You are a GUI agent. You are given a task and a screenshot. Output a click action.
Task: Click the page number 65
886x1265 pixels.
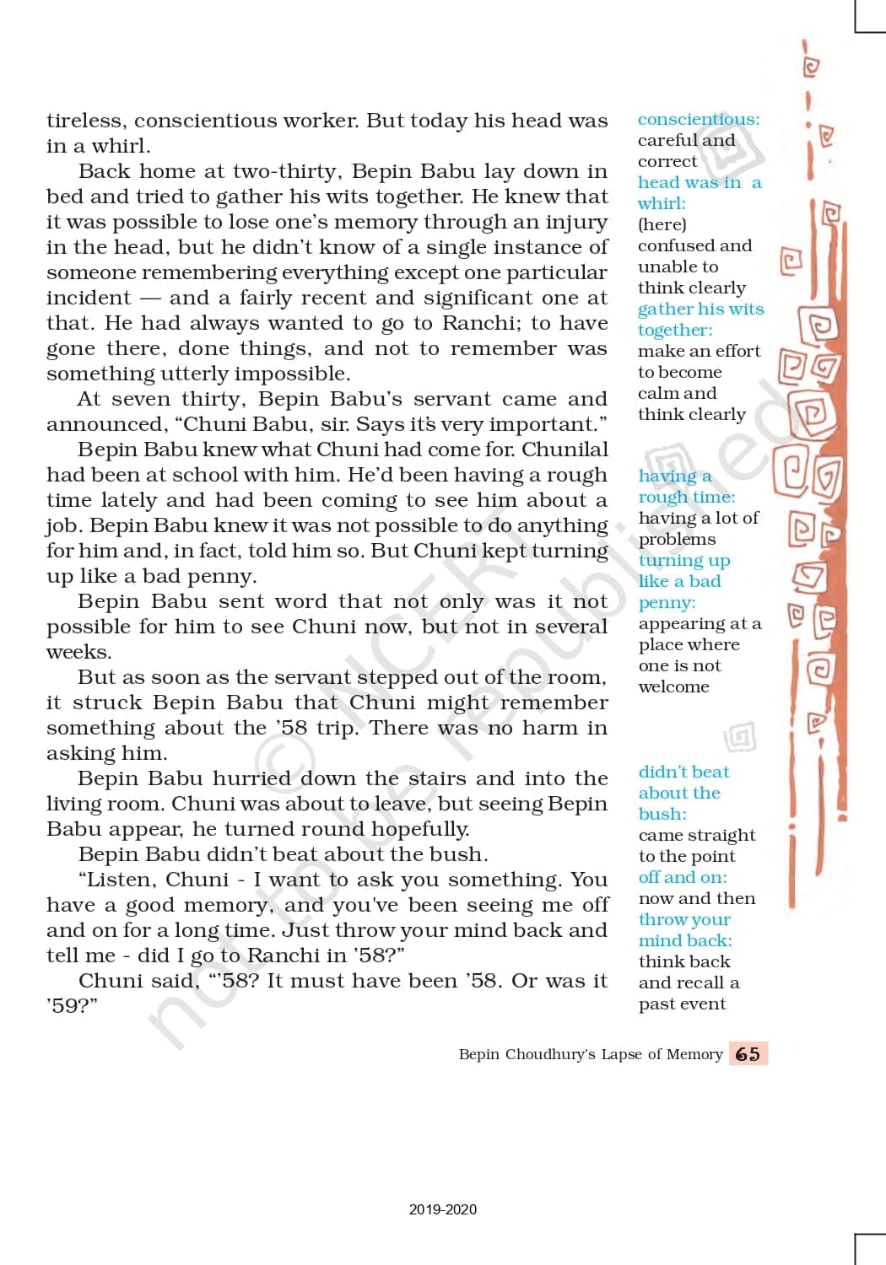(x=748, y=1054)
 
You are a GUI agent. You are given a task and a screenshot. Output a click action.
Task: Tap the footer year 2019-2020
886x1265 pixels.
(x=442, y=1209)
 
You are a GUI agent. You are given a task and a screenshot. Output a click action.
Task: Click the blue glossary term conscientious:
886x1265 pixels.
(x=699, y=120)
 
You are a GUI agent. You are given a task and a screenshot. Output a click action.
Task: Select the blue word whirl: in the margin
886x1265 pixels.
(x=662, y=203)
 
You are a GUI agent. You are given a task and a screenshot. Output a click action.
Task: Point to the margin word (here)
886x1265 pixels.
(x=662, y=224)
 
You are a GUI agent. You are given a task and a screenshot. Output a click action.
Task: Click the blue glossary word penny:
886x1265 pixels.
(x=667, y=602)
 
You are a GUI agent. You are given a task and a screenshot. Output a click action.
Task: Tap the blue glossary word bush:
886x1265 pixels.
(x=662, y=814)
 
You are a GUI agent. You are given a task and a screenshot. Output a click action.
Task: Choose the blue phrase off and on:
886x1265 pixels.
(x=683, y=877)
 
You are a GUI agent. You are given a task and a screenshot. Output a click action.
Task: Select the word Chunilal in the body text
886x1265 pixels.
(x=565, y=449)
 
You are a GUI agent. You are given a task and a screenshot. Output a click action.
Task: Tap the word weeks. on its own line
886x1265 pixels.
(x=79, y=652)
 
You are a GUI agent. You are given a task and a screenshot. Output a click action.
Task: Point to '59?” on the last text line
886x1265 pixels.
(x=72, y=1006)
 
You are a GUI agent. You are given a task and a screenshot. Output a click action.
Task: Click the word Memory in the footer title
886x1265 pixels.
(x=694, y=1054)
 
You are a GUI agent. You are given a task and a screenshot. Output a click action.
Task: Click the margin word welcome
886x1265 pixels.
(x=673, y=686)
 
